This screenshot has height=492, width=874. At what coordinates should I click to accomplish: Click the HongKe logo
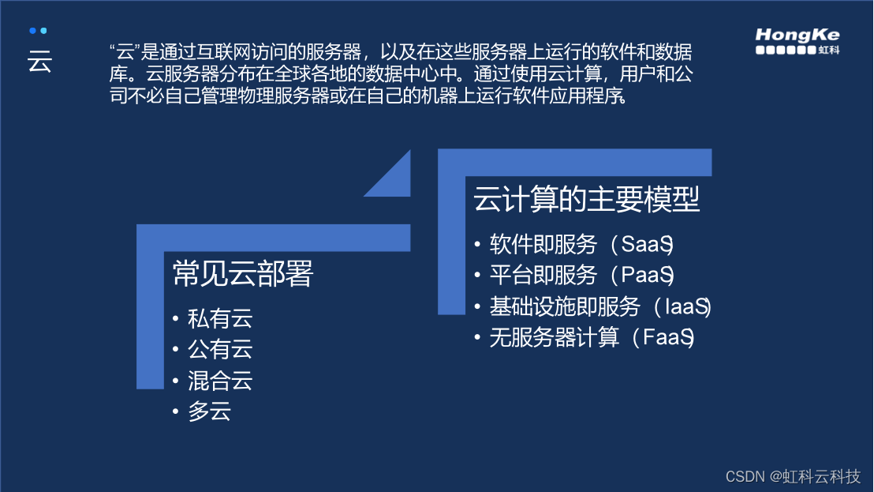coord(797,41)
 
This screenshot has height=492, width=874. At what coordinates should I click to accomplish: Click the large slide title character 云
coord(39,62)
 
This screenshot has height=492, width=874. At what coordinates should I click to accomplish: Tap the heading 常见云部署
coord(243,274)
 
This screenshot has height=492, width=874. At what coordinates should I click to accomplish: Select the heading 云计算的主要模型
coord(587,199)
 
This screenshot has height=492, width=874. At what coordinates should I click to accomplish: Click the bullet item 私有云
coord(220,319)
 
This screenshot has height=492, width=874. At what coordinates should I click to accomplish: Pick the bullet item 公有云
coord(220,350)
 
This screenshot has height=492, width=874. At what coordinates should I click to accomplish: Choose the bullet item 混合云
coord(220,381)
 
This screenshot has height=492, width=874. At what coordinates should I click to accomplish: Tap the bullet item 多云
coord(209,411)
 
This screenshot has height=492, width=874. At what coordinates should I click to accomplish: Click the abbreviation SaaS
coord(646,245)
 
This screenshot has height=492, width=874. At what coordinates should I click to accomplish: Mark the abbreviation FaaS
coord(668,338)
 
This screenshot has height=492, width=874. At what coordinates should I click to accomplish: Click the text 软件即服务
coord(543,245)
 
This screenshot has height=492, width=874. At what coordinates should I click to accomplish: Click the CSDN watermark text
coord(793,476)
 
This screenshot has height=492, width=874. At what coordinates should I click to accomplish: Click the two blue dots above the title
coord(38,31)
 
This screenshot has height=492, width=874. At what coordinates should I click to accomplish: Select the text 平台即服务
coord(543,276)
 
